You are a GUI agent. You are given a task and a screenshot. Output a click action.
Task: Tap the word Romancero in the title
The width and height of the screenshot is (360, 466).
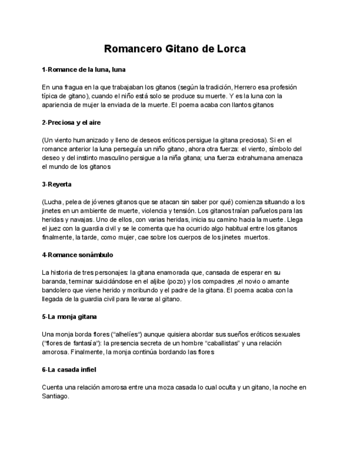click(x=132, y=49)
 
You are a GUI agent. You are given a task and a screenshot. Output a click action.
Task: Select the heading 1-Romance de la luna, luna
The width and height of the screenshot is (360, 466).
click(x=84, y=70)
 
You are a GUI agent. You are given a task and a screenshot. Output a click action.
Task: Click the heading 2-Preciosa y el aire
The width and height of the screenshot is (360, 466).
click(x=71, y=123)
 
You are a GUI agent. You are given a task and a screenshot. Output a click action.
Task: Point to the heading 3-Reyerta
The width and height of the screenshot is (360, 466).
click(x=57, y=184)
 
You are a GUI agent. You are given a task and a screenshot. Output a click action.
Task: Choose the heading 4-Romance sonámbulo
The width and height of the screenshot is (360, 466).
click(x=77, y=255)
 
